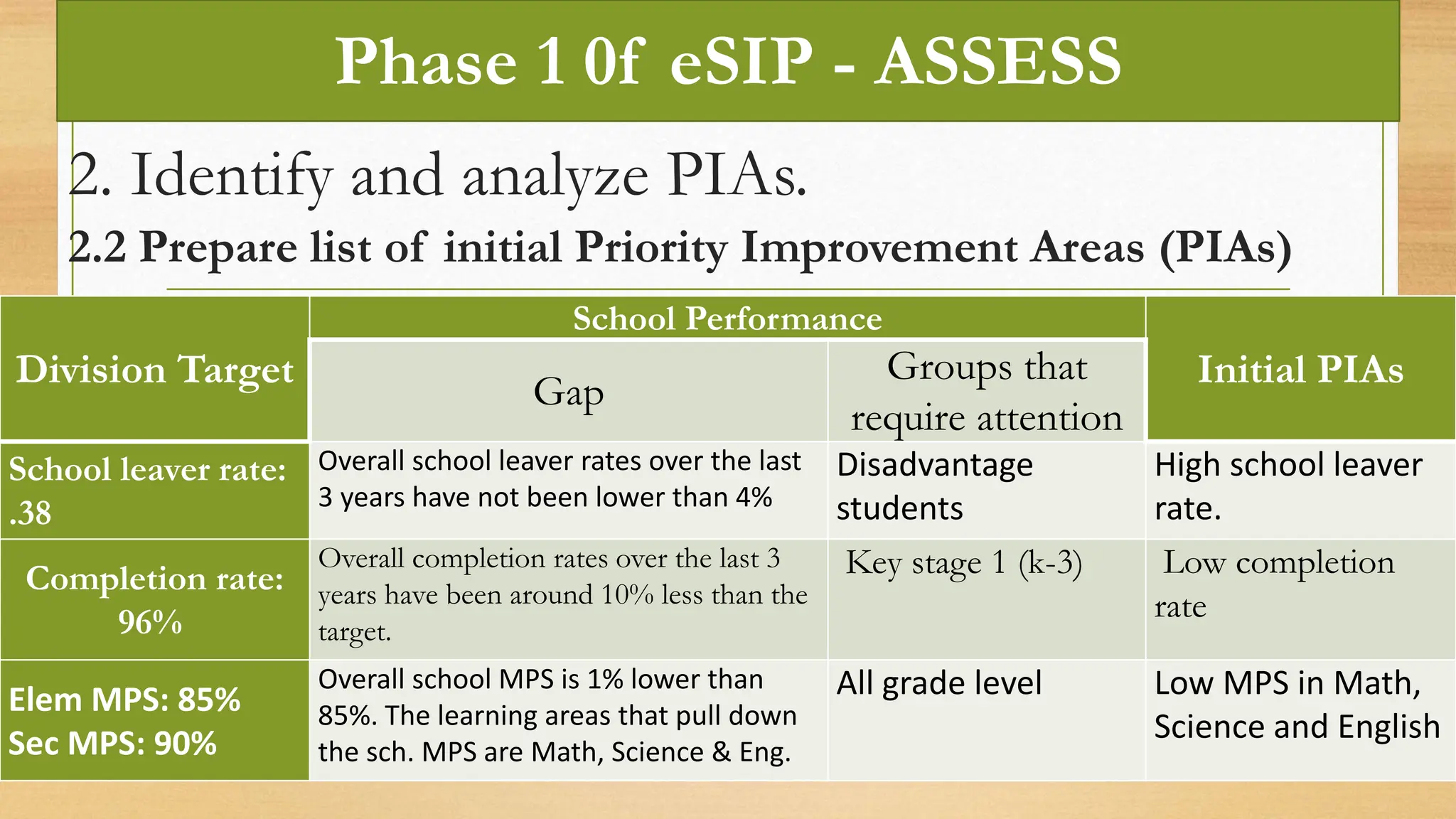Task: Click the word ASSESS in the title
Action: point(997,62)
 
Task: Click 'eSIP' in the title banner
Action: point(741,62)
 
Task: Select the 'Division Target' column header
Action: point(154,370)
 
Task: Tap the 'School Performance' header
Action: point(727,318)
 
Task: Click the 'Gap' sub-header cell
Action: point(569,392)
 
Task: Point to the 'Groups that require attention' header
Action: point(987,392)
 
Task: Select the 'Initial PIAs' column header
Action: point(1300,370)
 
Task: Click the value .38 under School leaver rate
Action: point(31,513)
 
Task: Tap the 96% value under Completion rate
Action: point(150,622)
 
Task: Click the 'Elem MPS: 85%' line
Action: point(124,700)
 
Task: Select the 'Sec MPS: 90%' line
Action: point(112,744)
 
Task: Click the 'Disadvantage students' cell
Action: point(934,487)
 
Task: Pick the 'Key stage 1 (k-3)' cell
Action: point(963,563)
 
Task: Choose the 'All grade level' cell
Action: point(938,683)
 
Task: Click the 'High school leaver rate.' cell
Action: point(1288,487)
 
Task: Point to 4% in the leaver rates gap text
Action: point(754,497)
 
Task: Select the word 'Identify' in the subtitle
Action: point(231,176)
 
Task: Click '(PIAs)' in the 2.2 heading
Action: point(1225,248)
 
